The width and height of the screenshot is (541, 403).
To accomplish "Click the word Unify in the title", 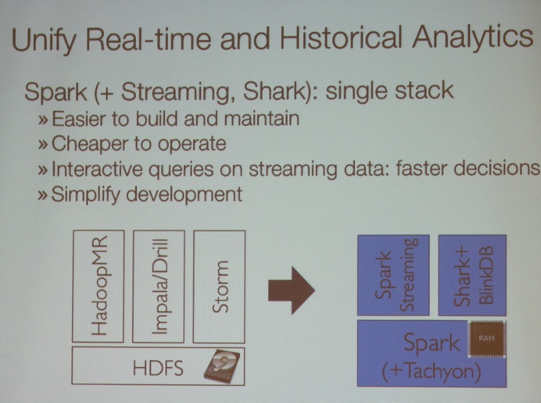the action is (43, 40).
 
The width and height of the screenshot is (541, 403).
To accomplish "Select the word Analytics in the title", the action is (472, 37).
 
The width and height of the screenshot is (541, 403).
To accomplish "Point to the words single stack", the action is (389, 91).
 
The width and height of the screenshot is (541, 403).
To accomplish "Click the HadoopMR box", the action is (99, 286).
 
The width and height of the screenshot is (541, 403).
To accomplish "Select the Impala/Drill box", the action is (159, 287).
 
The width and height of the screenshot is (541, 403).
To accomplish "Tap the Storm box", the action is (219, 287).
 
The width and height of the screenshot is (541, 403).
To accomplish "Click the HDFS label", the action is (158, 368).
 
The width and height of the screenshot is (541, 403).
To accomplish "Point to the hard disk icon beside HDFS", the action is (221, 366).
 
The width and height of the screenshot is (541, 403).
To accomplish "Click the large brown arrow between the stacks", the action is (292, 291).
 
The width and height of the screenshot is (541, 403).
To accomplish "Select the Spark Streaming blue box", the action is (393, 275).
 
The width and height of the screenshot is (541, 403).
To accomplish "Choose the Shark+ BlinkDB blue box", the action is (472, 275).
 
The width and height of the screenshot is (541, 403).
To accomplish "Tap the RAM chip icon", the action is (486, 339).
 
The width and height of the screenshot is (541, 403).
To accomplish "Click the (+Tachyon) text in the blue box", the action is (432, 371).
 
